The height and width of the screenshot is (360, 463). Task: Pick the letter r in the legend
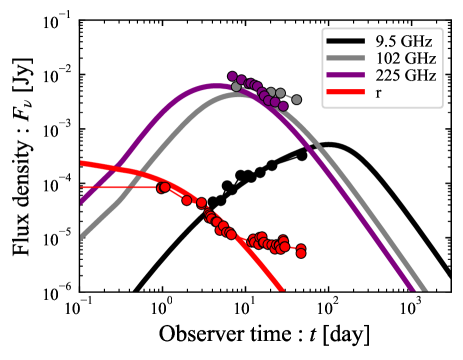click(x=378, y=94)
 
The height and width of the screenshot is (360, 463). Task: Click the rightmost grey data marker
click(x=296, y=100)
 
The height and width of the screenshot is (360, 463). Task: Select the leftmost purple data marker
click(x=232, y=76)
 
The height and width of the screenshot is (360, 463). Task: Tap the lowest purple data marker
click(x=283, y=105)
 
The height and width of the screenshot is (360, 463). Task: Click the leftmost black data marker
click(x=212, y=203)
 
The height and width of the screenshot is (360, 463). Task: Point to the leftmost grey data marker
click(x=237, y=87)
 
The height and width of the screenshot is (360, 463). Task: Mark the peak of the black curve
click(x=327, y=146)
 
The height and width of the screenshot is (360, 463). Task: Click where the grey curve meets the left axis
click(x=81, y=239)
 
